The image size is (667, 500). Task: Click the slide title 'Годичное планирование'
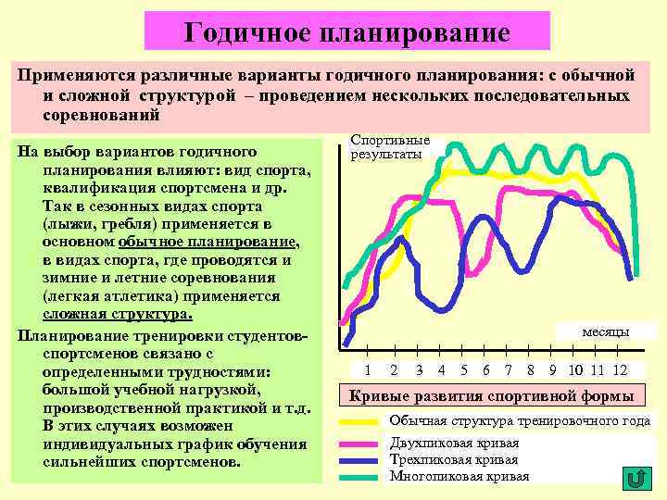point(347,32)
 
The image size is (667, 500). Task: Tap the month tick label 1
point(368,370)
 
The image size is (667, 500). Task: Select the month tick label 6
point(486,370)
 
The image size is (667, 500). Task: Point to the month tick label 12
point(620,370)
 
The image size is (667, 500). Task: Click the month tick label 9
point(552,370)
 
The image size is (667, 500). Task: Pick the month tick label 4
point(440,370)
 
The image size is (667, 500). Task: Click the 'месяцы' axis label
point(606,331)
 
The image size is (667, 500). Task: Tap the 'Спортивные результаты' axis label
point(387,147)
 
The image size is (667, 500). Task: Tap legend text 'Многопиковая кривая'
point(459,477)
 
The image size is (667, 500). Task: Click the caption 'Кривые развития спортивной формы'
point(491,396)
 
